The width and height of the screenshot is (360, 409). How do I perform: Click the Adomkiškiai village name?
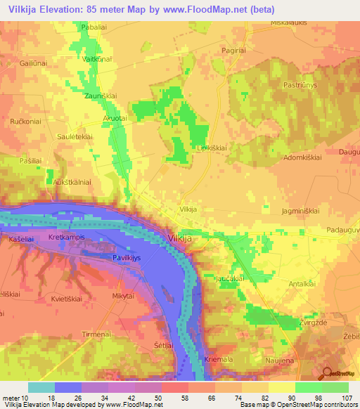pos(302,159)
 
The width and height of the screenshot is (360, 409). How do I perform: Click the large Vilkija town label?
pos(185,239)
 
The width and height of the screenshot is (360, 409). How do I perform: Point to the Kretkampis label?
pos(67,238)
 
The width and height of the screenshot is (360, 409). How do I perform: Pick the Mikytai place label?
pos(122,297)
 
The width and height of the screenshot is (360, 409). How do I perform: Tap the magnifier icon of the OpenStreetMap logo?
pos(328,374)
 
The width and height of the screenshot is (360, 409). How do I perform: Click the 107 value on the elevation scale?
pos(344,398)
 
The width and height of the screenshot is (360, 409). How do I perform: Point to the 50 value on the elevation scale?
pos(159,398)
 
